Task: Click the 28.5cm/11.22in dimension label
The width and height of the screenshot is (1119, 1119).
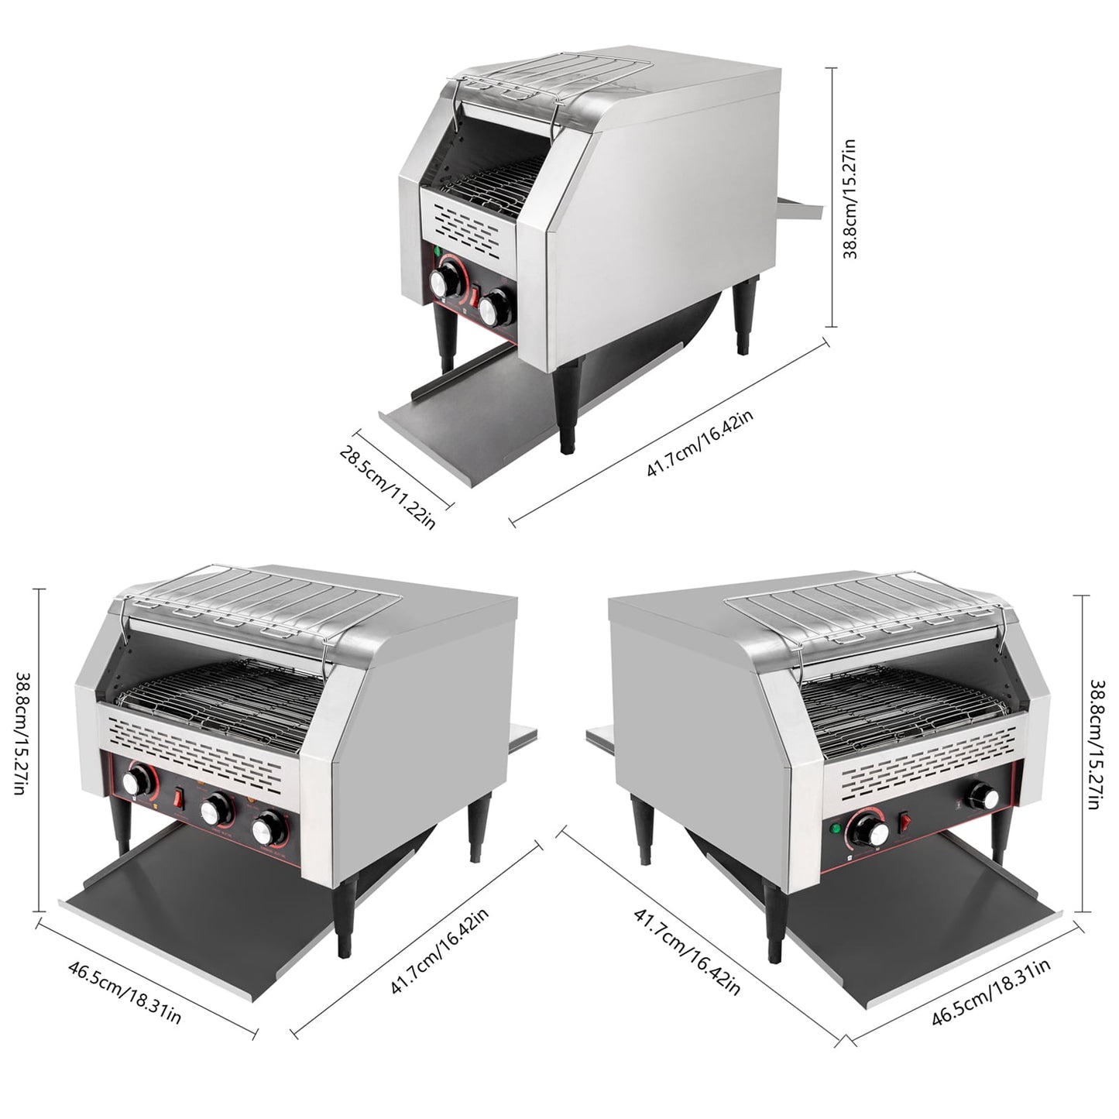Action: pos(387,485)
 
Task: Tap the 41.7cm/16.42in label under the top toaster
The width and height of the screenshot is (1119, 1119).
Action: pos(700,442)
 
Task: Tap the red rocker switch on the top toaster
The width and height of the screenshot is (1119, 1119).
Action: pos(475,296)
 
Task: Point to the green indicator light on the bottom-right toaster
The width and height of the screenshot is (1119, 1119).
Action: pos(837,829)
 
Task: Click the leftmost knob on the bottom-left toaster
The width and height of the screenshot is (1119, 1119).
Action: pos(137,781)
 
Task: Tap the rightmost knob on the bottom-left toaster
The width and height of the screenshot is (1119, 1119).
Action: pos(267,831)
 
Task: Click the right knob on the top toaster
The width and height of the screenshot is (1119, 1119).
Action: pos(495,307)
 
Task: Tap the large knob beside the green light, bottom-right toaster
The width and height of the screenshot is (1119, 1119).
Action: pos(870,832)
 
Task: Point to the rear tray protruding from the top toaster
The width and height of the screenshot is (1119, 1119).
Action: pos(800,208)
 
